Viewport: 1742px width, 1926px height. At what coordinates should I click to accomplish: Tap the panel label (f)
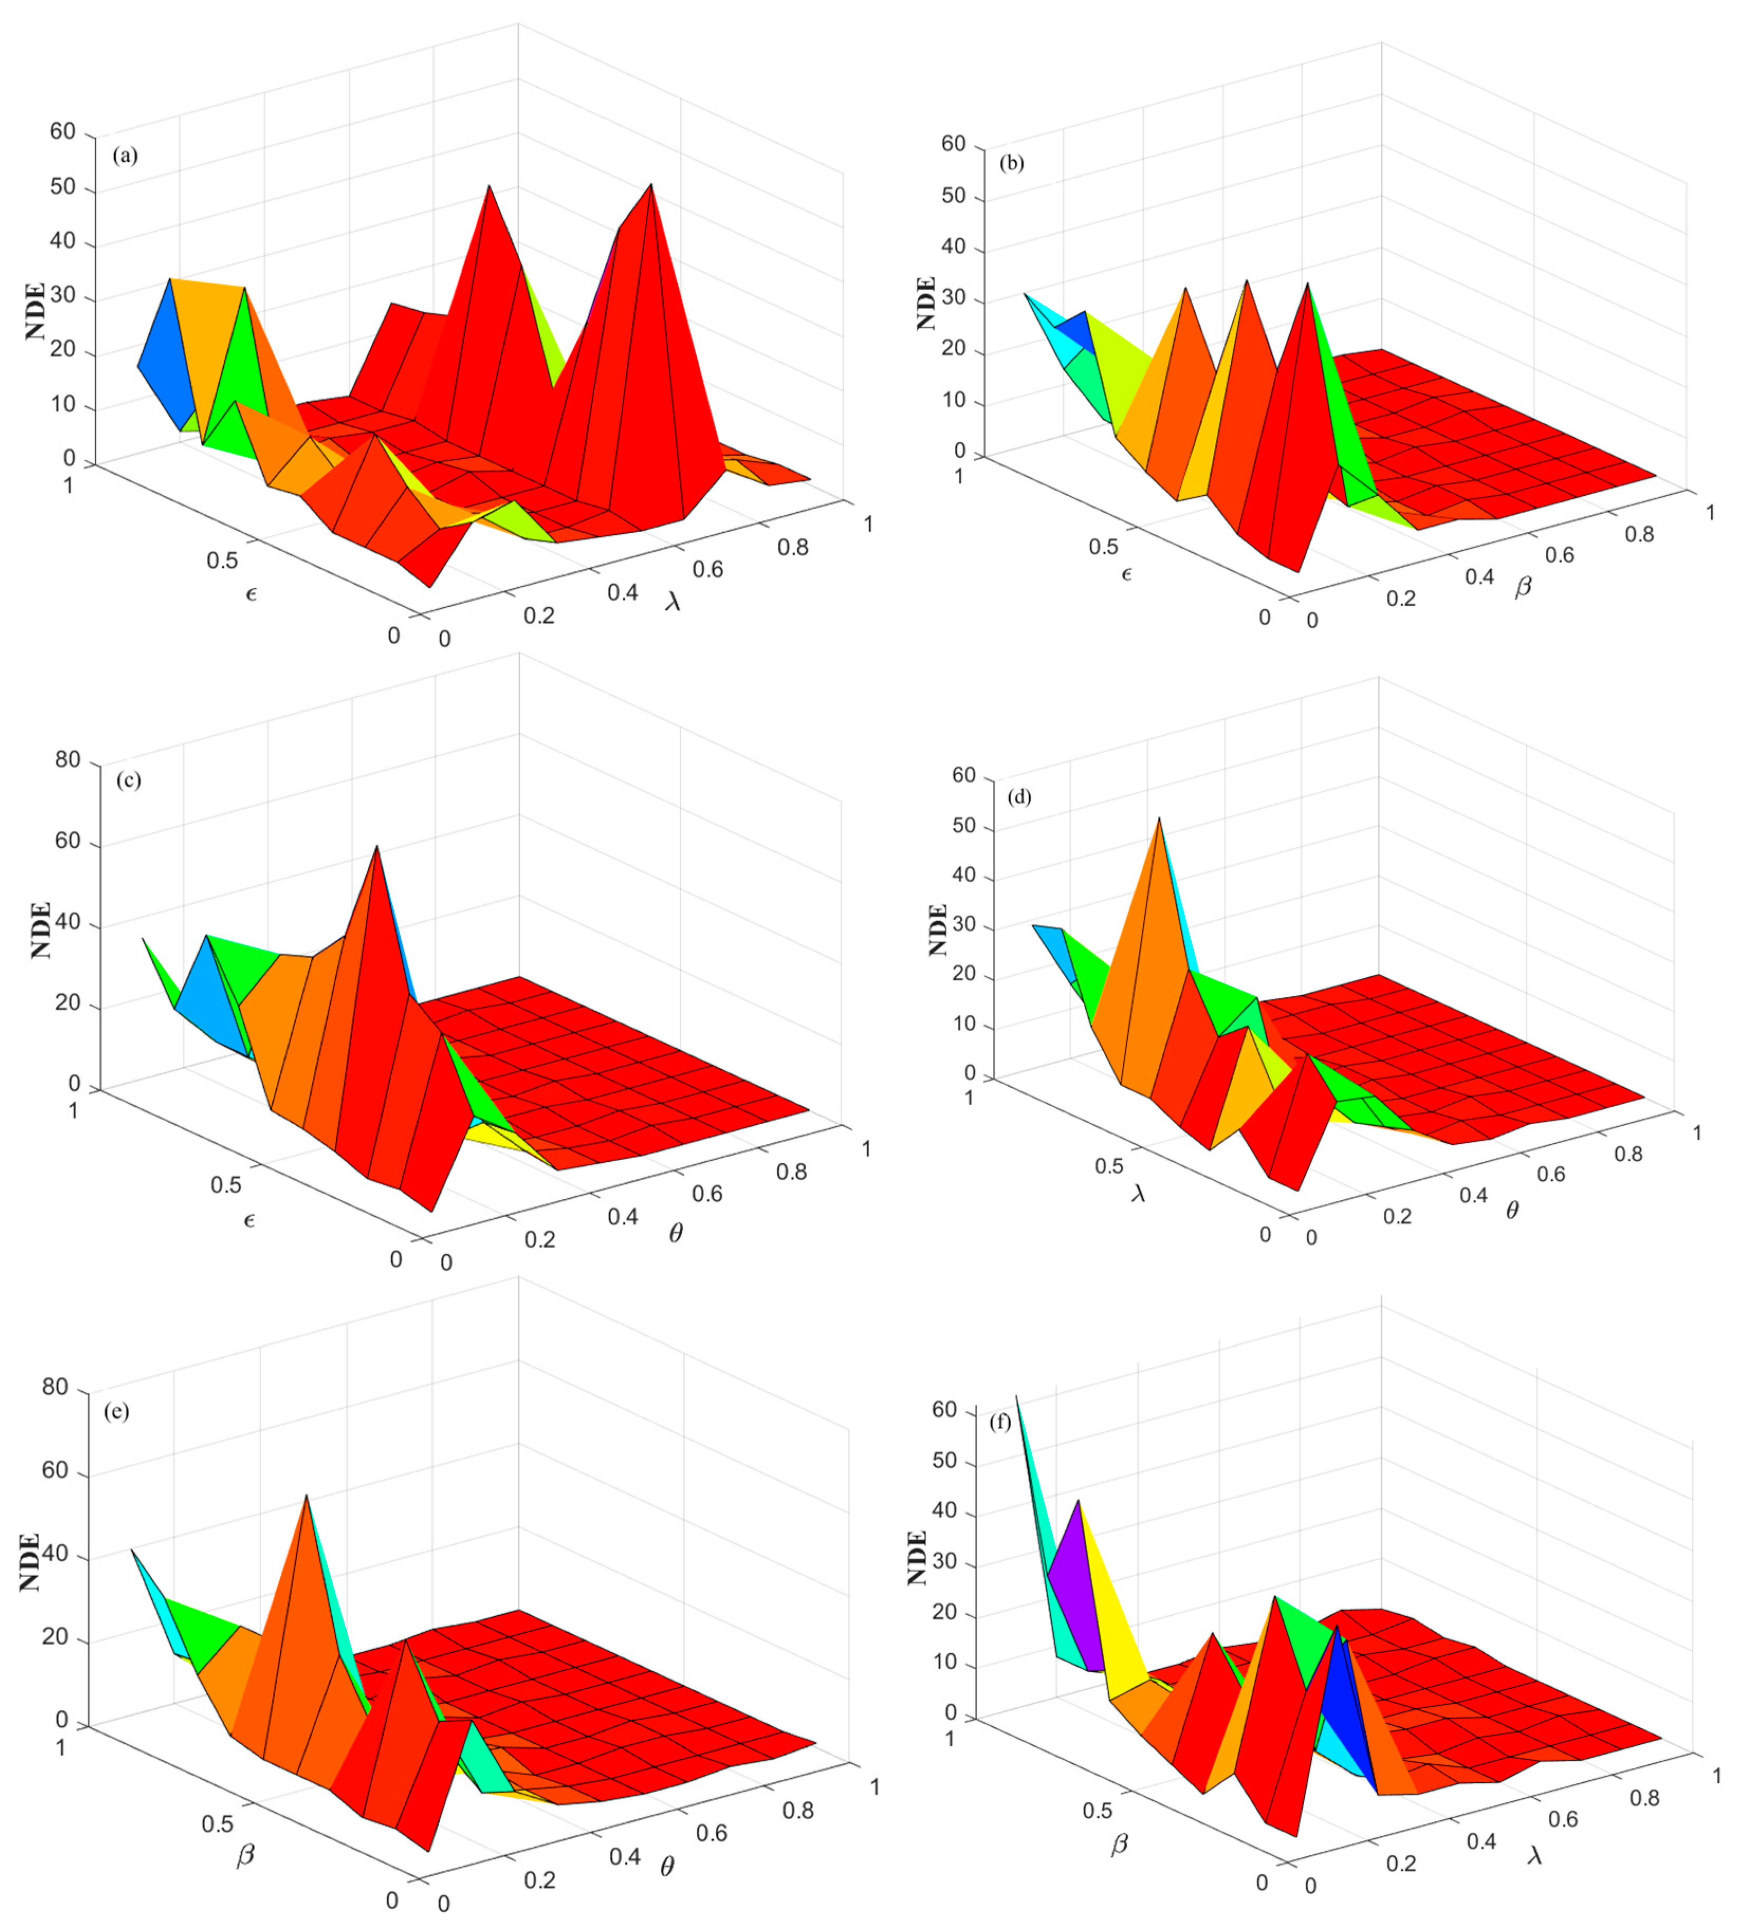point(1000,1422)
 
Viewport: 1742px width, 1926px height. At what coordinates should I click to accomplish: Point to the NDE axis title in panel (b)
point(925,304)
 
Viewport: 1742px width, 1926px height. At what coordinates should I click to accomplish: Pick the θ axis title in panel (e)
point(667,1865)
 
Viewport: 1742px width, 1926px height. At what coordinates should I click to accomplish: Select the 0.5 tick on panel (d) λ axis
point(1109,1166)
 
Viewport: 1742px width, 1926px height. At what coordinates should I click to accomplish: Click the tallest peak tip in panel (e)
point(306,1495)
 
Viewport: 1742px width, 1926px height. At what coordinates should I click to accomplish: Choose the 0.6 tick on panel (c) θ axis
point(707,1193)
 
